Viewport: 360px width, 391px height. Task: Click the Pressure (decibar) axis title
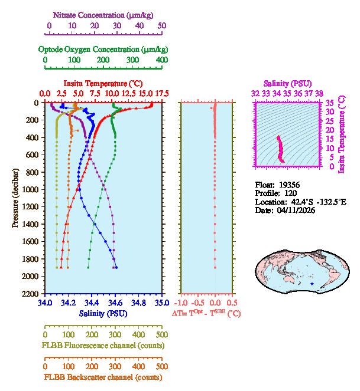coord(16,198)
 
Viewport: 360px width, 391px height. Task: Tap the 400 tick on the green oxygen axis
coord(161,60)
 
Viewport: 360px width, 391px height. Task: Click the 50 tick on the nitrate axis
coord(161,25)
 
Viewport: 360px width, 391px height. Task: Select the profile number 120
coord(290,193)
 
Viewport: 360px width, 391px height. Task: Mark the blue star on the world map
coord(312,284)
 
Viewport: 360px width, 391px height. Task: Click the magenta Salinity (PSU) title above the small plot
coord(287,83)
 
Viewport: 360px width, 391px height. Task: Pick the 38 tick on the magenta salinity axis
coord(319,93)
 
